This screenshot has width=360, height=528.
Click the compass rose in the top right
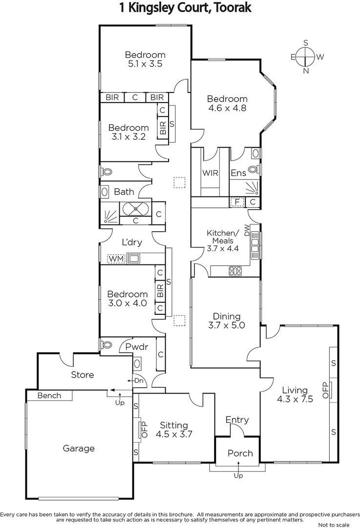click(306, 57)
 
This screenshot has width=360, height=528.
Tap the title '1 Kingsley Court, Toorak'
click(180, 8)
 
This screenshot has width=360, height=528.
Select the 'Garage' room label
click(79, 448)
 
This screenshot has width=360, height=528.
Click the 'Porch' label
click(240, 453)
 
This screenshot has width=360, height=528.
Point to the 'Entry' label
click(237, 419)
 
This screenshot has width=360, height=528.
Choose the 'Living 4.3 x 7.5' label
click(295, 394)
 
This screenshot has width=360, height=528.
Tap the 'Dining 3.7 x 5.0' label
click(226, 321)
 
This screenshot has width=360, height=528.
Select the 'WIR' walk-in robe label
click(210, 173)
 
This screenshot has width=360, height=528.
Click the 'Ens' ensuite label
click(238, 173)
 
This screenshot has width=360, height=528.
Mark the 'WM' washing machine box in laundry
click(116, 258)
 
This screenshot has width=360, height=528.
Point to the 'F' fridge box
click(237, 202)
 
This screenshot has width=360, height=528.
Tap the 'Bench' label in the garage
click(49, 395)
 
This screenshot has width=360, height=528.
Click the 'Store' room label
click(83, 375)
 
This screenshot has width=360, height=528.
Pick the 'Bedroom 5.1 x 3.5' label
click(145, 59)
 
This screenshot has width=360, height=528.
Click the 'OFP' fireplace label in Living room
click(324, 390)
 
